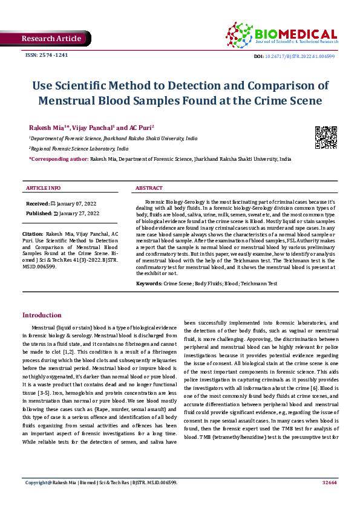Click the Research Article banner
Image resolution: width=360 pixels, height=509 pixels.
click(51, 39)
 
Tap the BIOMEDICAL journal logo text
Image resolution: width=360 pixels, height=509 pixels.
click(296, 34)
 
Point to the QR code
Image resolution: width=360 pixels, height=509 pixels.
click(326, 137)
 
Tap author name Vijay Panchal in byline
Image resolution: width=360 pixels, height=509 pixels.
click(92, 128)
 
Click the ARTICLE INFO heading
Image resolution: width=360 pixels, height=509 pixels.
click(43, 188)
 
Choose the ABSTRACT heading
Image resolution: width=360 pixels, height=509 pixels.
click(149, 188)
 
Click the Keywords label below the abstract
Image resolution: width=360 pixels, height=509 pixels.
click(149, 283)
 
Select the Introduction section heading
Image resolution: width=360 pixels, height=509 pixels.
click(42, 315)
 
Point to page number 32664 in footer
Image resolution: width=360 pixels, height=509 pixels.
click(329, 499)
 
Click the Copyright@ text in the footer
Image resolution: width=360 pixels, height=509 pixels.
click(38, 499)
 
